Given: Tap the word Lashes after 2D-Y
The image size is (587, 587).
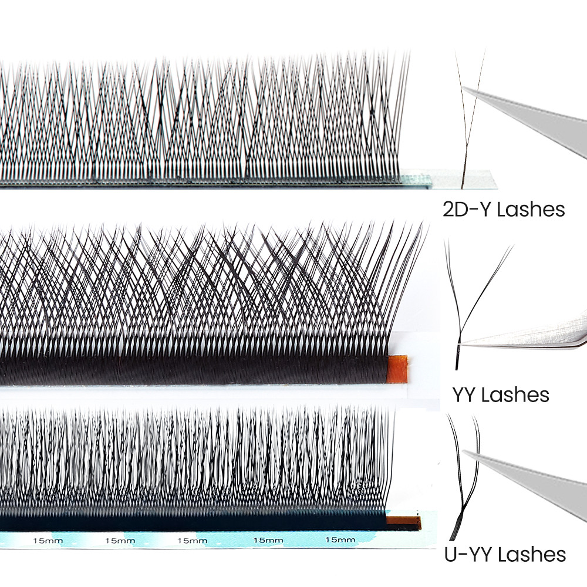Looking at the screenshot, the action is pos(531,210).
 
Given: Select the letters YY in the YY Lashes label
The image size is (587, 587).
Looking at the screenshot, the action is pos(464,394).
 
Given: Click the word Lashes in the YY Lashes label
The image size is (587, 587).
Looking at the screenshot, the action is pos(515,394).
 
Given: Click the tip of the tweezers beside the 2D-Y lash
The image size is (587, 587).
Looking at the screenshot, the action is pos(464,89).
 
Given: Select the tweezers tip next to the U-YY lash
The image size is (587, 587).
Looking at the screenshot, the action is pos(465,452).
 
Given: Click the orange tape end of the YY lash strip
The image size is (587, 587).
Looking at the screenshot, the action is pos(397,369).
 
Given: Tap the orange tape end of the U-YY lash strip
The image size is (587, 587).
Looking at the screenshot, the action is pos(403,520).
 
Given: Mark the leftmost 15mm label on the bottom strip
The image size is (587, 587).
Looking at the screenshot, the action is pos(48,541).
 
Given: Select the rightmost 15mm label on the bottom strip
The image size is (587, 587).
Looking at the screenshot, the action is pos(340,540).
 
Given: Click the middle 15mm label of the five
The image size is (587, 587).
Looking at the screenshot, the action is pos(192,541).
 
